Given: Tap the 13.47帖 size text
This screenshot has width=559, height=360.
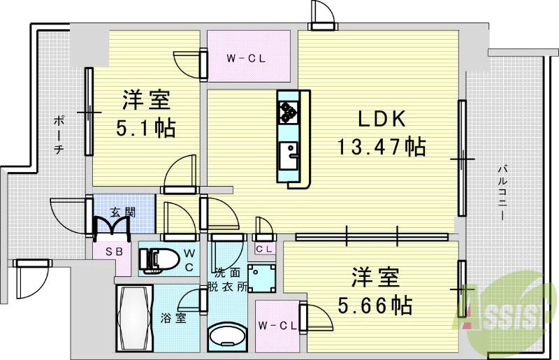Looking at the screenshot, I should click(382, 147).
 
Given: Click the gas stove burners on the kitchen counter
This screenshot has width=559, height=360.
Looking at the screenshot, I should click(289, 110).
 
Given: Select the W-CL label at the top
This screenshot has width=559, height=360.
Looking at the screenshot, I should click(246, 59).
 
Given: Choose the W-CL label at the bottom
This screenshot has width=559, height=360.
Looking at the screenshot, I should click(275, 325).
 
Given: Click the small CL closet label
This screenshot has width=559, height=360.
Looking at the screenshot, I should click(263, 249).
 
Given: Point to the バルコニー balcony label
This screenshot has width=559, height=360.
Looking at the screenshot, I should click(502, 192).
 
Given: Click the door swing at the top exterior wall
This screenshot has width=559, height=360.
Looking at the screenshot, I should click(322, 14).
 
